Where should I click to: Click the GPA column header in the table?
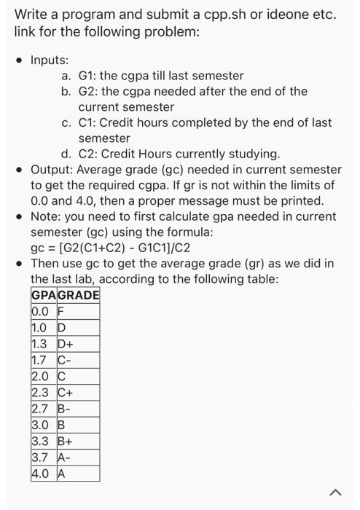point(43,295)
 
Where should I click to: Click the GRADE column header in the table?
point(78,295)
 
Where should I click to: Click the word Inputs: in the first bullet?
point(50,59)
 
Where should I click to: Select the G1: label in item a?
point(88,76)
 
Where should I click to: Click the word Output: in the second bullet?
point(52,170)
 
